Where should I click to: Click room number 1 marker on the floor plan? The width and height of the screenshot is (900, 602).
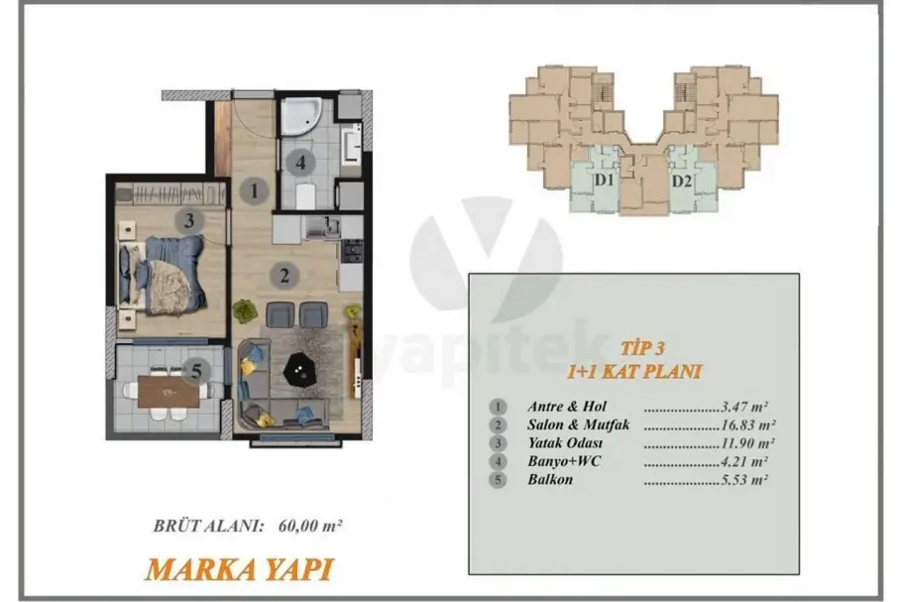pos(255,190)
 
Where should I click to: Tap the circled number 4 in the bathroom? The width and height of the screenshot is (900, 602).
pos(300,163)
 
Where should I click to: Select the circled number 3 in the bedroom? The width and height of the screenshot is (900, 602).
pos(189,220)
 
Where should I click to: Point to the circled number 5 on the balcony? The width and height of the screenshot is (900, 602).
pos(196,371)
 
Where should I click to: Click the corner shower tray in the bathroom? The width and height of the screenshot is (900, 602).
pos(300,117)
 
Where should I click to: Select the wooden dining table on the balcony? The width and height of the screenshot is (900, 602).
pos(169,392)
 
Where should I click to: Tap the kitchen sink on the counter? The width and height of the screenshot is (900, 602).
pos(322,226)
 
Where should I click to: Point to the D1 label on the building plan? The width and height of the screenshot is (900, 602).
pos(604,181)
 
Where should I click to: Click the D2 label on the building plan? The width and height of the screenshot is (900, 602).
pos(681,181)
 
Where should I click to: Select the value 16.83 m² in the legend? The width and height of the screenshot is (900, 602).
pos(748,425)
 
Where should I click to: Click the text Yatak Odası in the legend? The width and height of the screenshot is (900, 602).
pos(565,443)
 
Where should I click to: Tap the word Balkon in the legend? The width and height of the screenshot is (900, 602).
pos(550,479)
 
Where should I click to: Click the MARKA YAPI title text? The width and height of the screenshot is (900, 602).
pos(239,569)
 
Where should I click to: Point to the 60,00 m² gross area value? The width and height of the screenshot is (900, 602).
pos(310,525)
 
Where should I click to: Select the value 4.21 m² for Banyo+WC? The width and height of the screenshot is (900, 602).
pos(744,461)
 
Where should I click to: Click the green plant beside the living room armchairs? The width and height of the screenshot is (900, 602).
pos(245,311)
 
